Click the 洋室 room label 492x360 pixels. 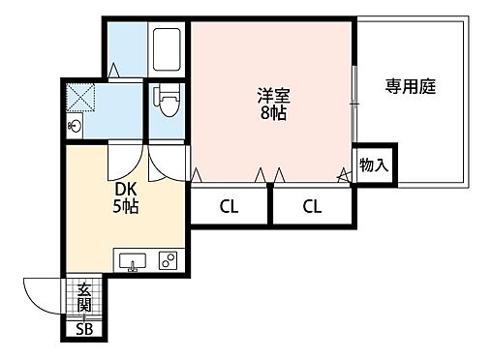[x=272, y=95]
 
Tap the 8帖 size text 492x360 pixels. [x=272, y=112]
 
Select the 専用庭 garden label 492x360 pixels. [x=411, y=86]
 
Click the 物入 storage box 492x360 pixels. [x=373, y=165]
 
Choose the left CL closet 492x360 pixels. [x=228, y=205]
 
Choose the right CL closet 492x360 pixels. [x=311, y=205]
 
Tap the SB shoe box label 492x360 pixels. [x=85, y=330]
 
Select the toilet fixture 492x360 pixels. [x=165, y=100]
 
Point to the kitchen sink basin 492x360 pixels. [x=132, y=260]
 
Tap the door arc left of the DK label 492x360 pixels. [x=122, y=160]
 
